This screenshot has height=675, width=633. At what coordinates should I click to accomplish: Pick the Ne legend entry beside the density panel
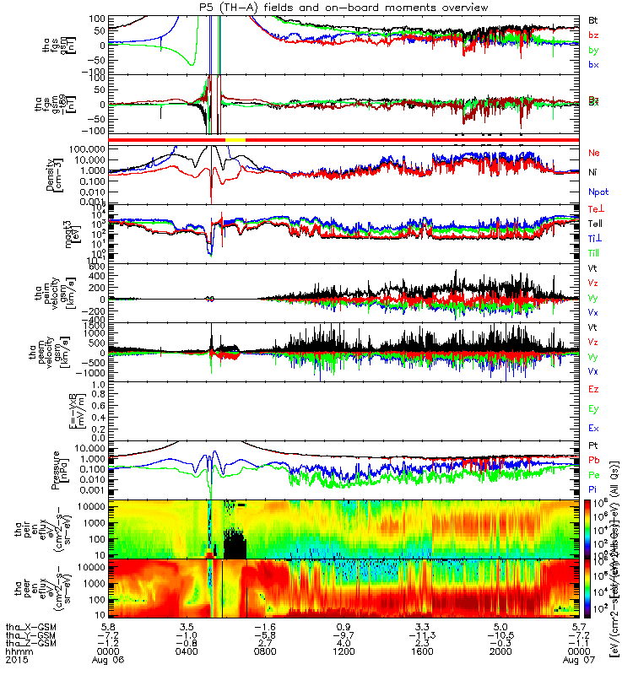(593, 153)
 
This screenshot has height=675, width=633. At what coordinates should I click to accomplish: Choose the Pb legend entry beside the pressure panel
(593, 460)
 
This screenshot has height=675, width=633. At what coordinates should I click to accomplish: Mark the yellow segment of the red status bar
(235, 138)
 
